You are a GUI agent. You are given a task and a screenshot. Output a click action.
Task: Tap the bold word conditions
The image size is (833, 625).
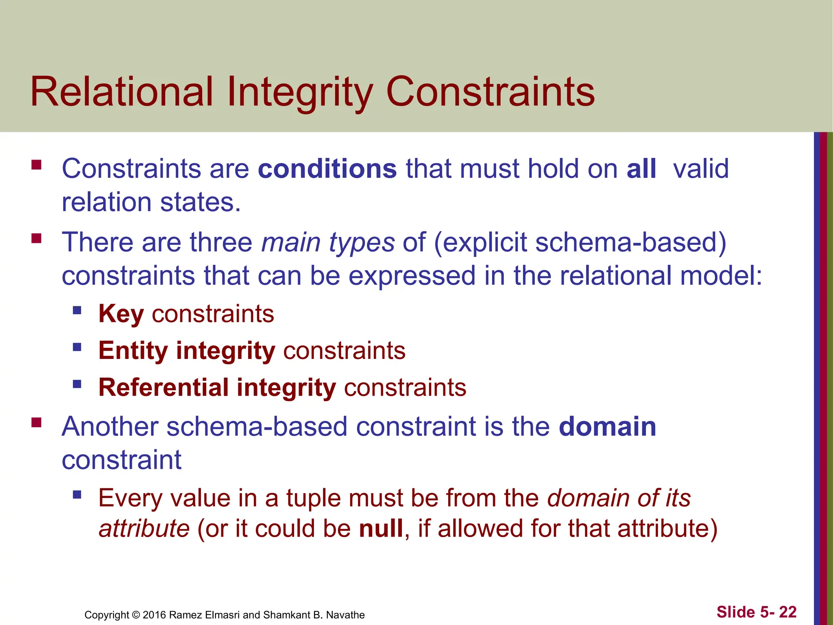click(x=327, y=169)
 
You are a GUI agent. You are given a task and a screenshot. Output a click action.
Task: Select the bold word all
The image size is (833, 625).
click(x=641, y=169)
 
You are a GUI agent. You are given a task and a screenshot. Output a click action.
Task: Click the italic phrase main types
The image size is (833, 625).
click(x=328, y=243)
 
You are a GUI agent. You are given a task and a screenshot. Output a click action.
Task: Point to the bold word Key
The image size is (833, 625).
click(x=121, y=314)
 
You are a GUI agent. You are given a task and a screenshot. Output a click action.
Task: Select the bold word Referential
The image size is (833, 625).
click(x=164, y=387)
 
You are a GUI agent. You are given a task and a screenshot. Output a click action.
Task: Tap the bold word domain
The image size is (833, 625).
click(x=607, y=427)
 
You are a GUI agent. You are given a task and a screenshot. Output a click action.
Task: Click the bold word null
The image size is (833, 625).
click(x=381, y=529)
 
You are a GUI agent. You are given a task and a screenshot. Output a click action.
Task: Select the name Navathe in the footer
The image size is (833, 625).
click(x=345, y=615)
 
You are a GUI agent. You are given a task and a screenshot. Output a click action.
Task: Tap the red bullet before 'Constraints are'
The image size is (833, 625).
click(x=37, y=165)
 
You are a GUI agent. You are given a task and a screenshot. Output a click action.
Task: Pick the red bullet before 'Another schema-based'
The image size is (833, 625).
click(x=37, y=423)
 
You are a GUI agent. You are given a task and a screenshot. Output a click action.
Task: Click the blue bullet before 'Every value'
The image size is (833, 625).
click(x=77, y=495)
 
